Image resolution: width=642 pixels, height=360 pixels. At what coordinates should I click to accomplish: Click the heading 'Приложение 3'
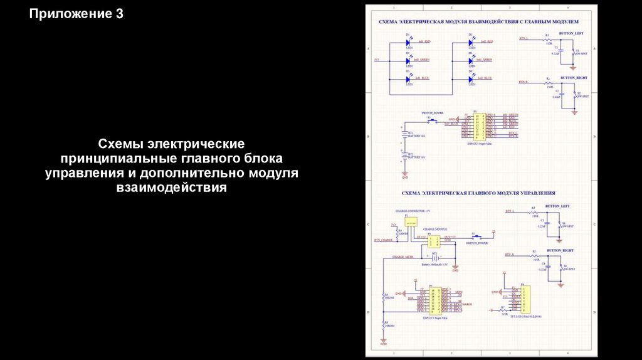[76, 14]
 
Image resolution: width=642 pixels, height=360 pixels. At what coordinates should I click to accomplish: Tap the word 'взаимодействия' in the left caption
[170, 187]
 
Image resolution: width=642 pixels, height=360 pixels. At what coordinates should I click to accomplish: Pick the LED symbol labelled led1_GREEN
[409, 61]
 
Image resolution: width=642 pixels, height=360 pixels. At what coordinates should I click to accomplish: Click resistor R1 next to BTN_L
[549, 40]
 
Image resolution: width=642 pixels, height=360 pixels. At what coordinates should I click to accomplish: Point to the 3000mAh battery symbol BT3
[433, 257]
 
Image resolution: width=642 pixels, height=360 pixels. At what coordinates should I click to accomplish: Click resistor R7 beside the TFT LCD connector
[503, 310]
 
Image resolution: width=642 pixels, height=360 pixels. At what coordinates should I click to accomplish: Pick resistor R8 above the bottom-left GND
[384, 324]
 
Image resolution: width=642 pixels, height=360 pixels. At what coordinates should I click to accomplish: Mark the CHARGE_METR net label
[403, 257]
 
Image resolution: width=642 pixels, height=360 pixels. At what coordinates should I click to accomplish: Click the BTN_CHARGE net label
[383, 240]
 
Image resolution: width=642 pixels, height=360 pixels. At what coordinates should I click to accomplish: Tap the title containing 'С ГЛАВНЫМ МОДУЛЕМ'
[478, 21]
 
